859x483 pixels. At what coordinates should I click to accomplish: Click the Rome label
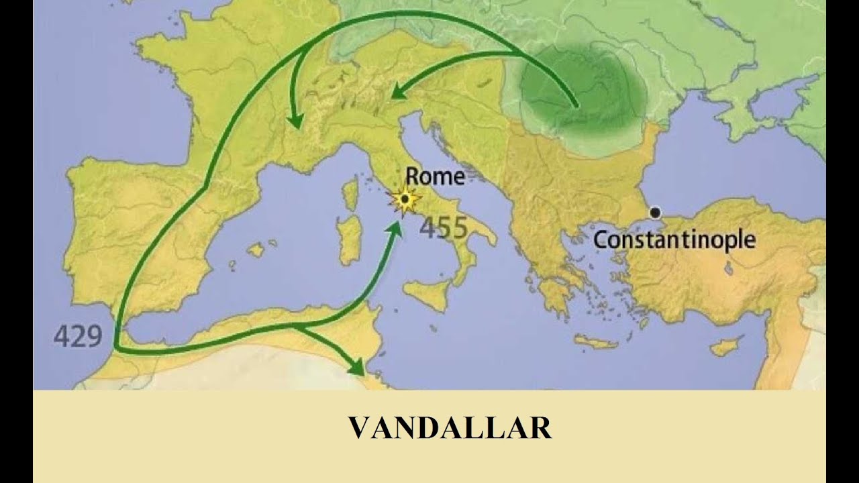pos(435,176)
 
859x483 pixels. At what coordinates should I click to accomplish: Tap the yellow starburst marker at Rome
pos(405,199)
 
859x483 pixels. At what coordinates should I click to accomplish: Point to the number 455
pos(444,228)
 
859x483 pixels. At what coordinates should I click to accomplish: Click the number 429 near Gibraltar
pos(77,335)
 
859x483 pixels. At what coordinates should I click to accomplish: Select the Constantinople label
pos(674,239)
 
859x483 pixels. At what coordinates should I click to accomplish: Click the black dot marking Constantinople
pos(655,213)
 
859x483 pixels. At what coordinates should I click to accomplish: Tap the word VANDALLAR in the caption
pos(449,428)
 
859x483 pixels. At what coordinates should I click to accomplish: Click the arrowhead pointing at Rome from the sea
pos(397,227)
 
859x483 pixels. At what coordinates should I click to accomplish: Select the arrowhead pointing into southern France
pos(294,120)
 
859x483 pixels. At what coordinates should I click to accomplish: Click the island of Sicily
pos(427,294)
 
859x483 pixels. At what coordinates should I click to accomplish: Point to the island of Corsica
pos(350,194)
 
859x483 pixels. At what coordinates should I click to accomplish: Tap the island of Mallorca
pos(256,250)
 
